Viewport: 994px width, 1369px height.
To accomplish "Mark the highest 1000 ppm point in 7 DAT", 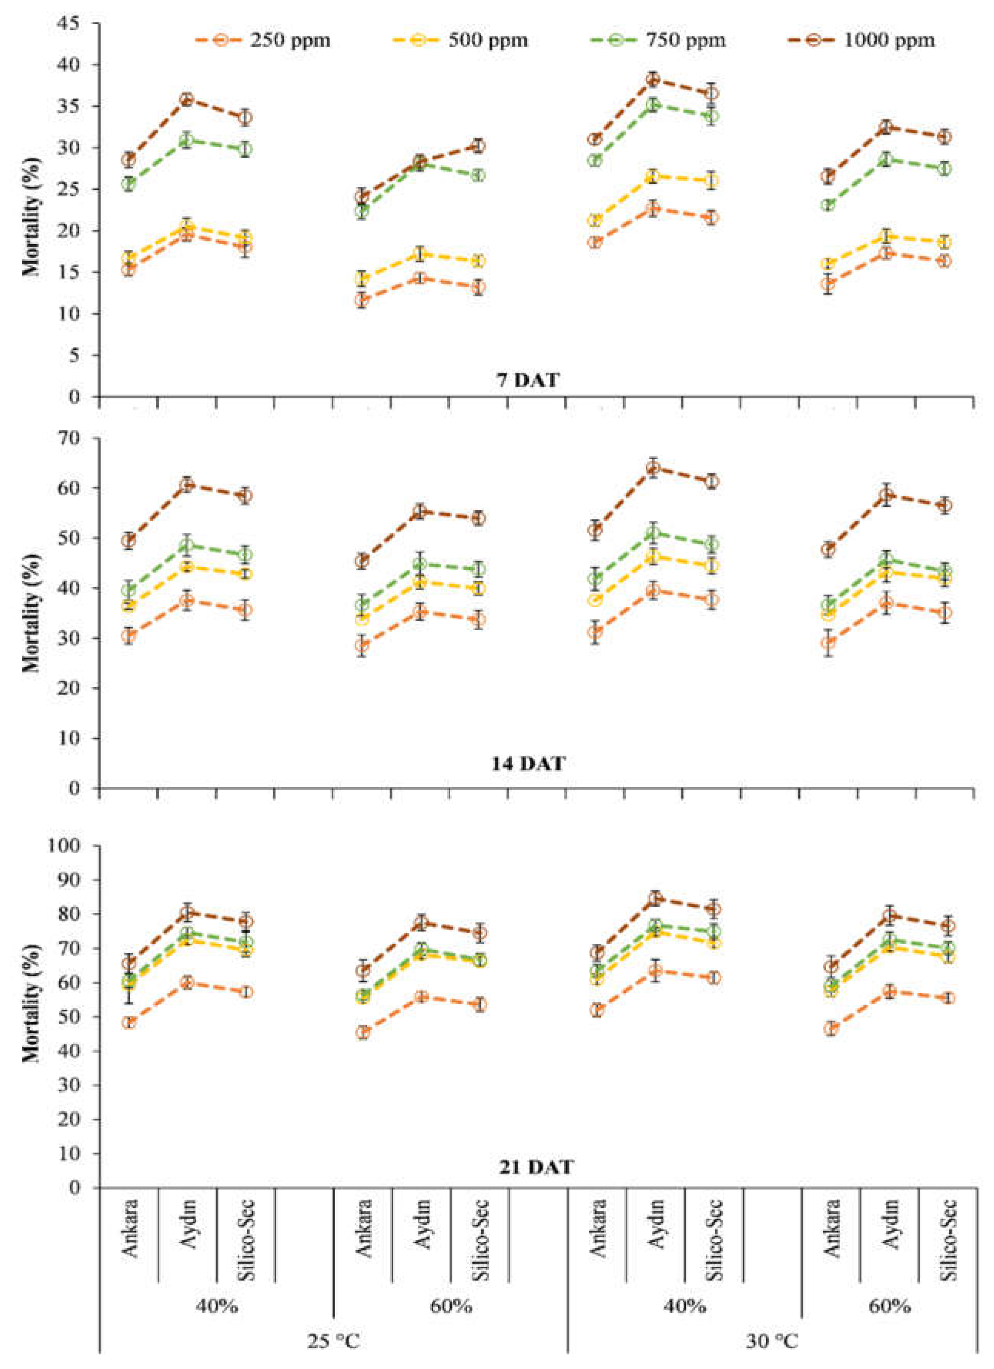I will pos(653,79).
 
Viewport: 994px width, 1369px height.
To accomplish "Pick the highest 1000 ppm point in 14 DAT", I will pos(653,468).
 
